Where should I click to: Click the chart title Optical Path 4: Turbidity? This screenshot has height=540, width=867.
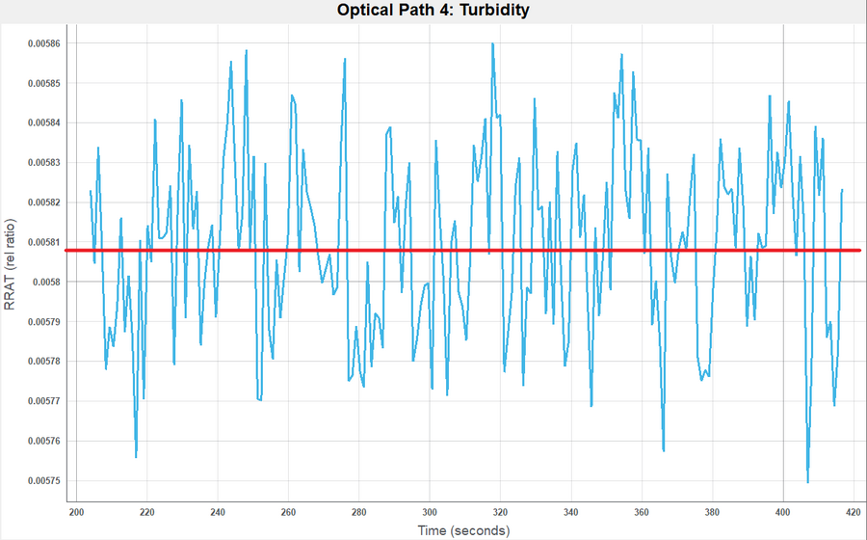coord(433,11)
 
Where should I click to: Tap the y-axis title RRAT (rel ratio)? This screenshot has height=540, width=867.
coord(11,261)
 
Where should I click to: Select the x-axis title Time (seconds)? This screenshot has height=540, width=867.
coord(463,530)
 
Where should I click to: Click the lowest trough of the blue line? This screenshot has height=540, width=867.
coord(807,481)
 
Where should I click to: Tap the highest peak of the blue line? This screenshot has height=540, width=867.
coord(492,43)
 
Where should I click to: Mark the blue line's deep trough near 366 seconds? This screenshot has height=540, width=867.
coord(664,449)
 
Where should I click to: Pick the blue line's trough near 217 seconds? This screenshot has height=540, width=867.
coord(136,456)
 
